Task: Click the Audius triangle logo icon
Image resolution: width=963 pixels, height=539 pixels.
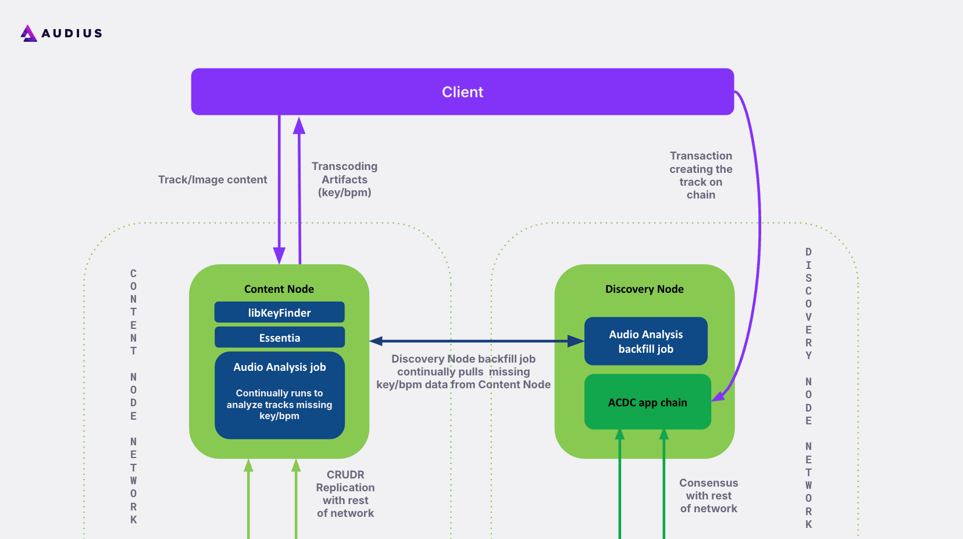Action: coord(28,33)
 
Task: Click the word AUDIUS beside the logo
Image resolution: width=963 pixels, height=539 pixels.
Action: coord(72,33)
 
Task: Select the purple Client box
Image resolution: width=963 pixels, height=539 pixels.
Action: coord(462,92)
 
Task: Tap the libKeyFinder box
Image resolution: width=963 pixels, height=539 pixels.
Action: coord(279,313)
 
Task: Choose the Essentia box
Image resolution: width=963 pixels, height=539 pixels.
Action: coord(279,338)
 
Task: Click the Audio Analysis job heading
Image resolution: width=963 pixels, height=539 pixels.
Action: coord(279,367)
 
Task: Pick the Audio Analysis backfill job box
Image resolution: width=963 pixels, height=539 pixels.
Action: coord(645,342)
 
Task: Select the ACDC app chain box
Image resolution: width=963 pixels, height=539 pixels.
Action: coord(647,402)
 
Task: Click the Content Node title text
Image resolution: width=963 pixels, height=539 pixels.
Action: coord(279,289)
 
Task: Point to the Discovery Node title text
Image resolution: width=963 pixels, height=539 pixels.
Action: coord(644,289)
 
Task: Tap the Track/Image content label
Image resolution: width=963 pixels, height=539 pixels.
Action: coord(212,180)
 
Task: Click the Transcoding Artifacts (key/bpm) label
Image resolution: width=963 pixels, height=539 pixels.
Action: coord(344,179)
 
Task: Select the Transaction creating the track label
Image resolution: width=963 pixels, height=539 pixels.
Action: coord(701,175)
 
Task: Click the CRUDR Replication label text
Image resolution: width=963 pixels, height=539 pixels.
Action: coord(345,494)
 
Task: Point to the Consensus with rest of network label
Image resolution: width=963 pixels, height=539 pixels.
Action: coord(708,495)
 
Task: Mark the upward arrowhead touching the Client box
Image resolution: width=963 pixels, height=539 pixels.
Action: coord(299,125)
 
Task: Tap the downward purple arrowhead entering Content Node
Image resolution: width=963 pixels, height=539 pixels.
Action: coord(279,255)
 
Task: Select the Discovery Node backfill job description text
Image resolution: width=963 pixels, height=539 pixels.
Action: coord(463,372)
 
